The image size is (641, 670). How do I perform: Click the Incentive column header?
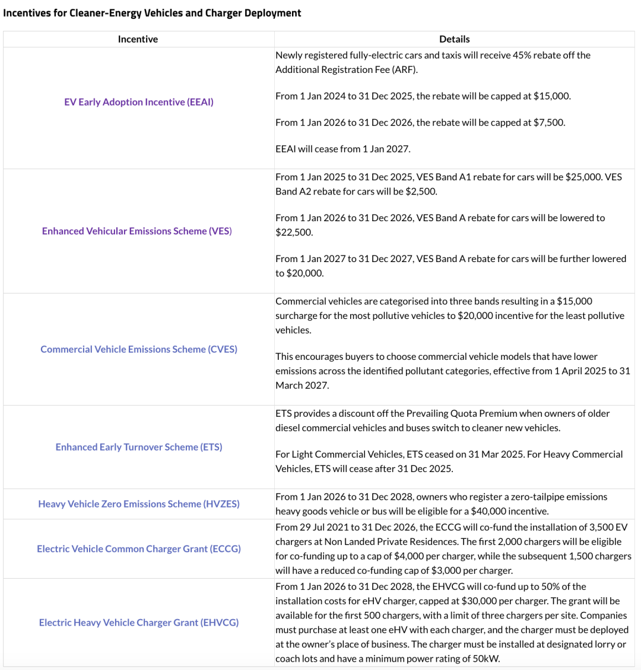[x=138, y=39]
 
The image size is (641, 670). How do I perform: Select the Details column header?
[x=454, y=39]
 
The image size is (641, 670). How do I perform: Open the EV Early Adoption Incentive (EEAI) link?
[x=139, y=102]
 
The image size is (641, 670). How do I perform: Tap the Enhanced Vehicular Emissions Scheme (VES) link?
[x=137, y=231]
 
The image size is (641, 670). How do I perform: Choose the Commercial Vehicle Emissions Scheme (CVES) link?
[x=139, y=349]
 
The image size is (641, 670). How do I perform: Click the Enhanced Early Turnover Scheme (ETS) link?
[x=139, y=447]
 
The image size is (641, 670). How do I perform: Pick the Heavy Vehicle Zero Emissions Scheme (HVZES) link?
[x=139, y=504]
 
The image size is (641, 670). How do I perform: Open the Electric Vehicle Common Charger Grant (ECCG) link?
[x=139, y=549]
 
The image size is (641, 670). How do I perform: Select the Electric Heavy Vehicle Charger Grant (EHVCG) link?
[x=139, y=623]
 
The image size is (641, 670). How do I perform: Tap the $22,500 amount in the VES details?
[x=294, y=232]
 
